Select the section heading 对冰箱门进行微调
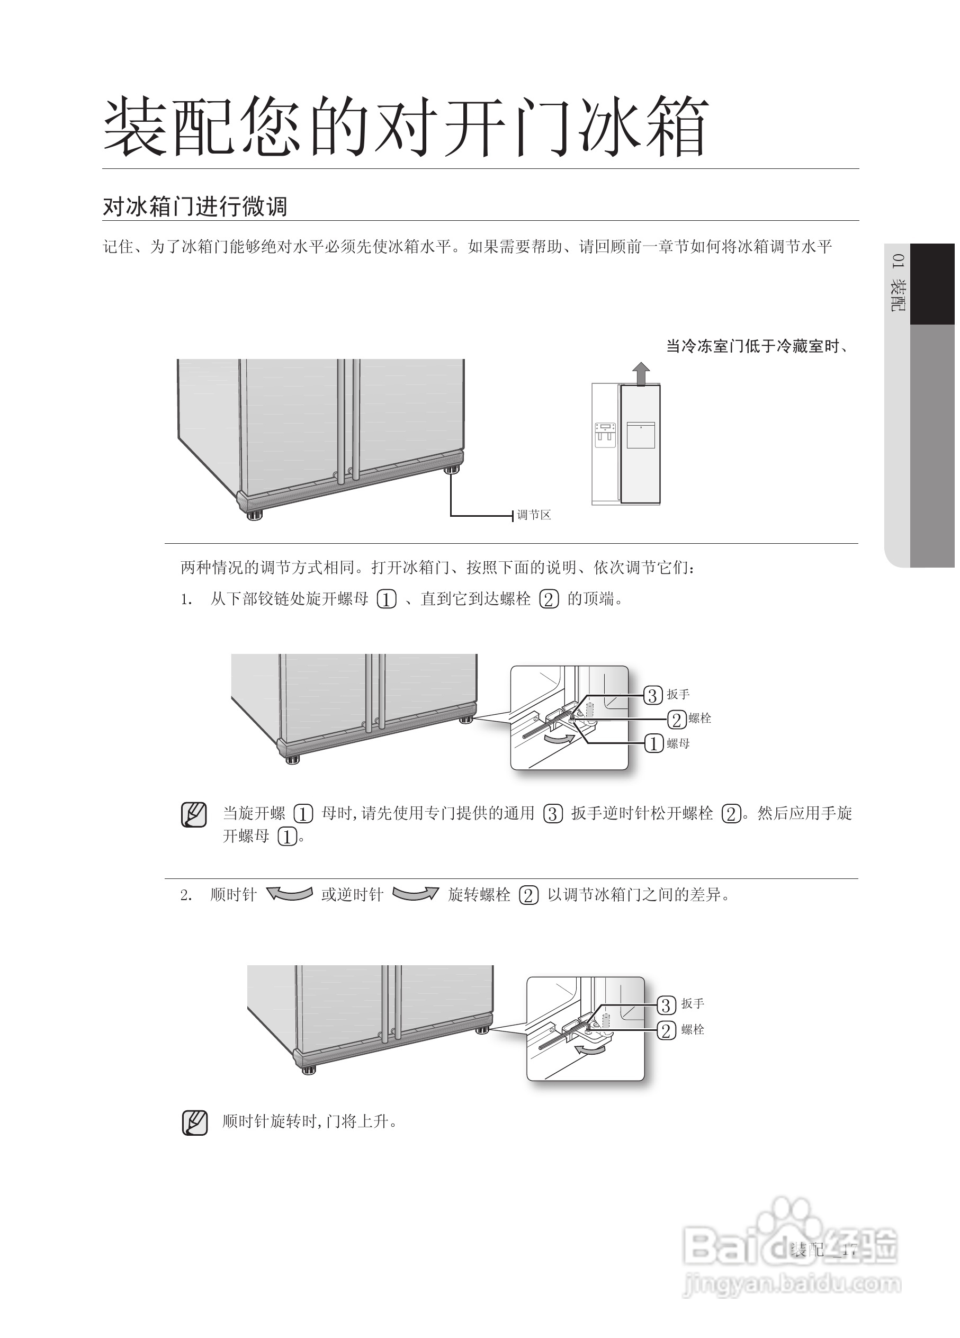point(195,206)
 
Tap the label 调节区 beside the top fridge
point(533,515)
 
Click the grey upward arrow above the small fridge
point(641,374)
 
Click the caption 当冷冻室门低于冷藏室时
point(757,346)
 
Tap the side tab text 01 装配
point(898,283)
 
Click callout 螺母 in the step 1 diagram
point(677,744)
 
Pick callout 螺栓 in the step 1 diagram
point(699,719)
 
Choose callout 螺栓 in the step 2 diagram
point(692,1030)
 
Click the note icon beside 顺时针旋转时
point(194,1123)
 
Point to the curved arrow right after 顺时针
point(289,894)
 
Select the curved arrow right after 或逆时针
point(415,894)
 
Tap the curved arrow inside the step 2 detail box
point(589,1049)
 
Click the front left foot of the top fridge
point(254,516)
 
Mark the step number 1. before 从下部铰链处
point(186,600)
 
